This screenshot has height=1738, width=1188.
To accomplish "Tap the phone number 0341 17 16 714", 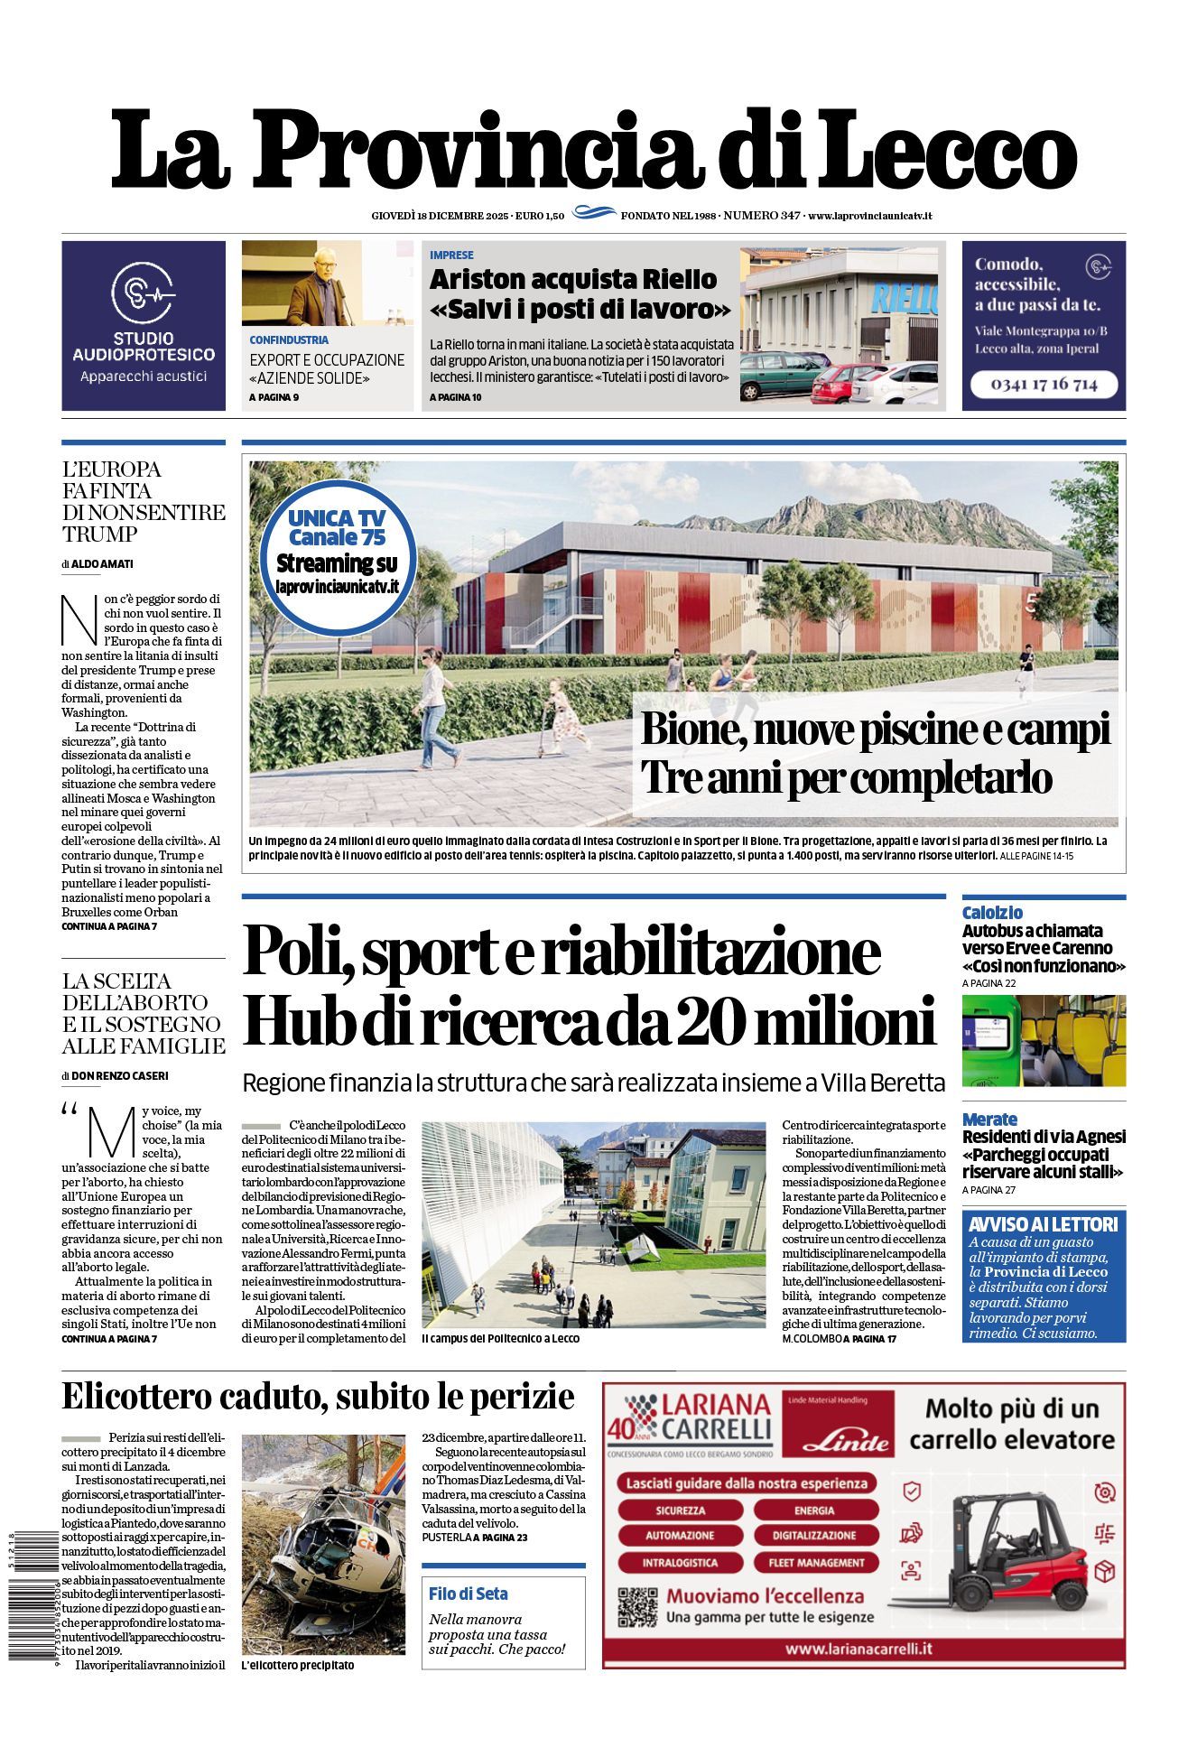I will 1044,384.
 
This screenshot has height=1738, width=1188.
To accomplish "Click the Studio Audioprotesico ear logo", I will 143,293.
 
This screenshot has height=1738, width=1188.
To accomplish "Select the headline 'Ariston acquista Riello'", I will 572,279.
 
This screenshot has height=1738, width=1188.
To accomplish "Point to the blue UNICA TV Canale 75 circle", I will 336,553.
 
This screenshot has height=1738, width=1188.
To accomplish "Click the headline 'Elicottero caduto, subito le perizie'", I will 318,1396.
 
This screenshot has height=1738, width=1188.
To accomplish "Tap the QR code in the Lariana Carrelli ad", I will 636,1608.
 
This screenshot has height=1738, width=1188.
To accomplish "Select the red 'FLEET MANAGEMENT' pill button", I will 816,1562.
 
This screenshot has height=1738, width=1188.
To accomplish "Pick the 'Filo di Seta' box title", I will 469,1594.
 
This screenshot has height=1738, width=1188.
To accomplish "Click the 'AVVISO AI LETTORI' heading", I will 1043,1224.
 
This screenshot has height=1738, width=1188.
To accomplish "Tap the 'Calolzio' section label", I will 992,913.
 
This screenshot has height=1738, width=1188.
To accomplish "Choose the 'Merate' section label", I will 989,1119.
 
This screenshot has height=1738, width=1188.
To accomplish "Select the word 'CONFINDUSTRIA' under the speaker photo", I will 289,340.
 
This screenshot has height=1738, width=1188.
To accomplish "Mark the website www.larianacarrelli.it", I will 859,1649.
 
